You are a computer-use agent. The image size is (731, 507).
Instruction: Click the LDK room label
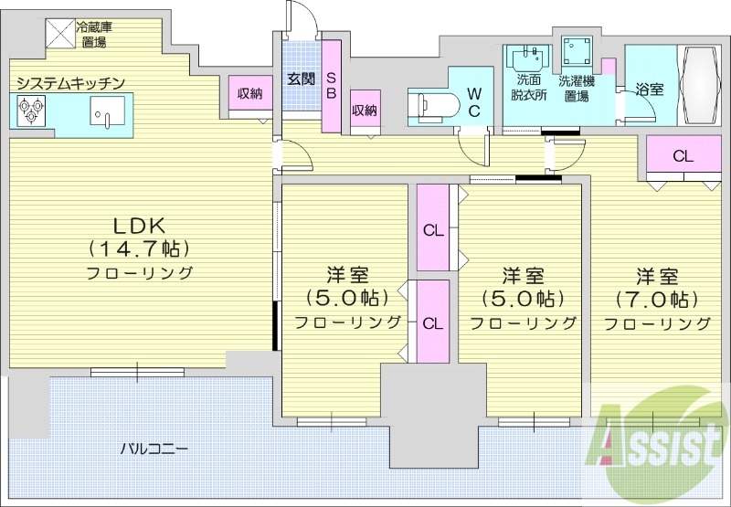pos(139,225)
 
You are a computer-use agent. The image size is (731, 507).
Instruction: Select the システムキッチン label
pos(69,83)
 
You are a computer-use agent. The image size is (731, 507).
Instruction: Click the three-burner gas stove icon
pos(31,111)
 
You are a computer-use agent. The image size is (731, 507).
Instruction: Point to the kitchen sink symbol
pos(103,112)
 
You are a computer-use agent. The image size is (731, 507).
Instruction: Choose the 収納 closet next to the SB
pos(364,111)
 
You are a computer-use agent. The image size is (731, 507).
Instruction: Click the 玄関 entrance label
pos(301,79)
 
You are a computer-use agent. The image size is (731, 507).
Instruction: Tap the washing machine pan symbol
pos(577,53)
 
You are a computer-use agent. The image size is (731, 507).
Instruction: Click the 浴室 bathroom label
pos(651,89)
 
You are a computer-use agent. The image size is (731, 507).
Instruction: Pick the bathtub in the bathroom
pos(700,85)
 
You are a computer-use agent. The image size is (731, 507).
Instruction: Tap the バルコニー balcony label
pos(155,449)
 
